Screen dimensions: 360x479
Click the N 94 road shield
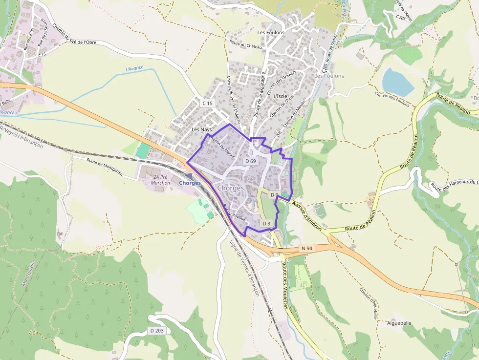(x=306, y=248)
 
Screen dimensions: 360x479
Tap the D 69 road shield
(x=250, y=161)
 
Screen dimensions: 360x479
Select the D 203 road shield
(x=157, y=331)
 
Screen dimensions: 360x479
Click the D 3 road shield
(x=266, y=223)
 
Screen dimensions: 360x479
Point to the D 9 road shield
(x=274, y=195)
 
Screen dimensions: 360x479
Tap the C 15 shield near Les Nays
(x=208, y=103)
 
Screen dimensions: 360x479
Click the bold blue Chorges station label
(x=190, y=183)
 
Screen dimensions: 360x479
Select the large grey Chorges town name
(x=230, y=188)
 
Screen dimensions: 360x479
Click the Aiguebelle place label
(x=399, y=323)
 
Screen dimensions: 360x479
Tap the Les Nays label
(x=202, y=129)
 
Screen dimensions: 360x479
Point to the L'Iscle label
(x=281, y=96)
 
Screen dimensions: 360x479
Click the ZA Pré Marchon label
(x=161, y=180)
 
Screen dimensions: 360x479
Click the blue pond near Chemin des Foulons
(x=397, y=82)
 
